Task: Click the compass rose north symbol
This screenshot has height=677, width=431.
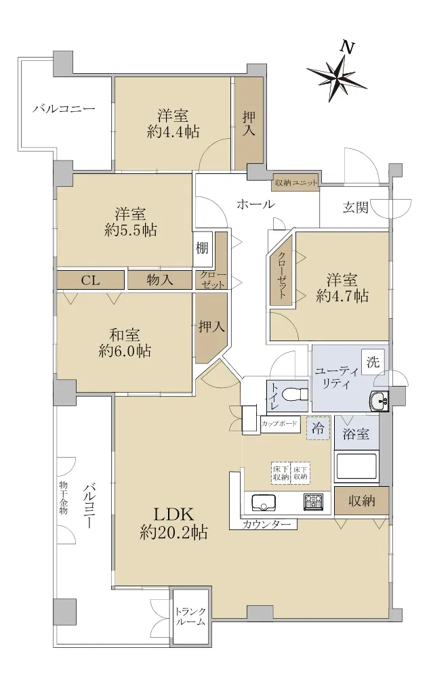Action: [337, 76]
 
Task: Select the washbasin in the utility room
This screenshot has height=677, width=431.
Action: [379, 401]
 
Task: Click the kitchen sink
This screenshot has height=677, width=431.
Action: [263, 502]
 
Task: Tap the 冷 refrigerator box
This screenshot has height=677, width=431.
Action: [319, 428]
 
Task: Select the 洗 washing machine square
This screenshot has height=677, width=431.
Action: [373, 362]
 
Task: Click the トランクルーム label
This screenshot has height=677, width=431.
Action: [190, 616]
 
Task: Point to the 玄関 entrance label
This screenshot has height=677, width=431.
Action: [355, 208]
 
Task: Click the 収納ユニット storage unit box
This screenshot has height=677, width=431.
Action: [295, 183]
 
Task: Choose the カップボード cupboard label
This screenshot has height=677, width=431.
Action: [279, 424]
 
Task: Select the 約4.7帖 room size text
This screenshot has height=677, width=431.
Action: [342, 297]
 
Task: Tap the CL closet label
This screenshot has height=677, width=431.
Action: [90, 281]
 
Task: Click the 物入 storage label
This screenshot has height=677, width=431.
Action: [160, 281]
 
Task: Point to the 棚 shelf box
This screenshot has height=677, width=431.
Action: [203, 248]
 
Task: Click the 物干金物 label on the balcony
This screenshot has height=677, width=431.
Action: [63, 498]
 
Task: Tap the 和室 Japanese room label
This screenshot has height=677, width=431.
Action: [125, 335]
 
